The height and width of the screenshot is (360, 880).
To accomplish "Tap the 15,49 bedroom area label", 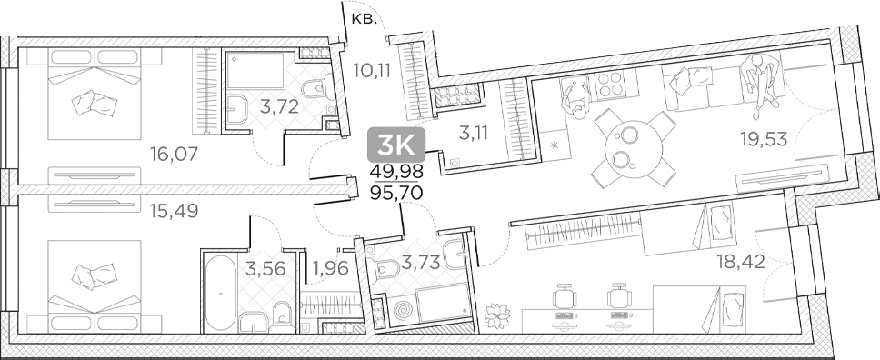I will coord(173,212).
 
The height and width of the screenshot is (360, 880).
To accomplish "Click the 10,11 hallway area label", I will coord(372,67).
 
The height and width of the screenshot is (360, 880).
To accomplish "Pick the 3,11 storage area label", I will coord(472,134).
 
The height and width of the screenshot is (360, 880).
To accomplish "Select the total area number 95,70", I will coord(396,194).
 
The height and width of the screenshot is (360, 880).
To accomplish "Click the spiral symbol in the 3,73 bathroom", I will coord(401,311).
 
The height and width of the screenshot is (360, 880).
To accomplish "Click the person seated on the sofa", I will coord(759,80).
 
